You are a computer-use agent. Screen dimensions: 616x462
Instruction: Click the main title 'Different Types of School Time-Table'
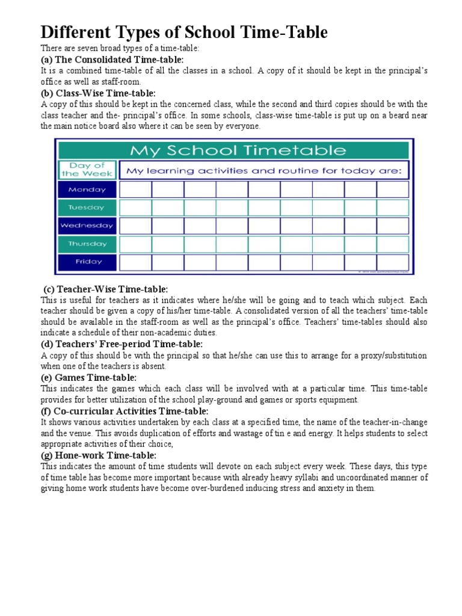pyautogui.click(x=184, y=32)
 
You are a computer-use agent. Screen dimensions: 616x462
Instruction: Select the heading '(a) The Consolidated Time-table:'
pyautogui.click(x=112, y=60)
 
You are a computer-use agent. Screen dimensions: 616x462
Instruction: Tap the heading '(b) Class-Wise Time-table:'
pyautogui.click(x=98, y=93)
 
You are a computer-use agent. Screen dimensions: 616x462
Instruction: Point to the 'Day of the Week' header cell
pyautogui.click(x=87, y=170)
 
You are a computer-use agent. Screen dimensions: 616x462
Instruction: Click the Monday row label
pyautogui.click(x=87, y=189)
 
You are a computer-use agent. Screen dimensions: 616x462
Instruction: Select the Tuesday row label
pyautogui.click(x=87, y=208)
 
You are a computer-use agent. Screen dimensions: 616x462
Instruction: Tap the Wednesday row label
pyautogui.click(x=87, y=226)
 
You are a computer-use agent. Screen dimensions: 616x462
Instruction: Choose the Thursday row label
pyautogui.click(x=87, y=244)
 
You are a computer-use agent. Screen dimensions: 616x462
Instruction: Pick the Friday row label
pyautogui.click(x=87, y=262)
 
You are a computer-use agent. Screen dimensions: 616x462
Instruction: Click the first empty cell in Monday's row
pyautogui.click(x=135, y=189)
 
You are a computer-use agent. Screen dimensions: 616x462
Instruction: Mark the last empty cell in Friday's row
pyautogui.click(x=392, y=262)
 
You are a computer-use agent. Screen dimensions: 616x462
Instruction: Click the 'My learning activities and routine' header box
pyautogui.click(x=263, y=170)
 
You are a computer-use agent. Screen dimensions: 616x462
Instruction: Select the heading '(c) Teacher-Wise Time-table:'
pyautogui.click(x=105, y=289)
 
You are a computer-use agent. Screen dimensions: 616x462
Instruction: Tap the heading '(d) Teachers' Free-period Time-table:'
pyautogui.click(x=122, y=344)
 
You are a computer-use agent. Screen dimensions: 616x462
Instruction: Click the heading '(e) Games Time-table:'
pyautogui.click(x=88, y=377)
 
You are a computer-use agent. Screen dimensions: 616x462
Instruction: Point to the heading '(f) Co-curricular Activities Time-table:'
pyautogui.click(x=125, y=411)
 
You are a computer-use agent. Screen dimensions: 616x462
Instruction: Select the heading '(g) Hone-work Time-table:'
pyautogui.click(x=98, y=455)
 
